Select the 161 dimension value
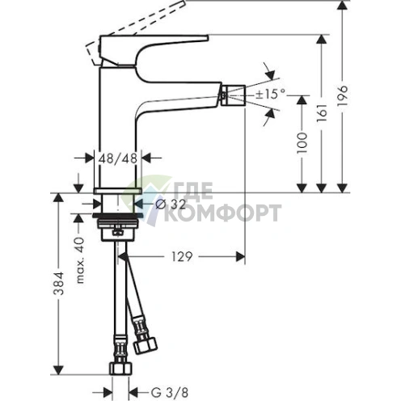322,112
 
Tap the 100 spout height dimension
302,143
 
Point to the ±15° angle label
270,94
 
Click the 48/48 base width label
118,158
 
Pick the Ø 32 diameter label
171,205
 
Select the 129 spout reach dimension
182,256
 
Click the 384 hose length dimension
58,284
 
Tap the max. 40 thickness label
79,260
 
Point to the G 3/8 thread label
170,392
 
